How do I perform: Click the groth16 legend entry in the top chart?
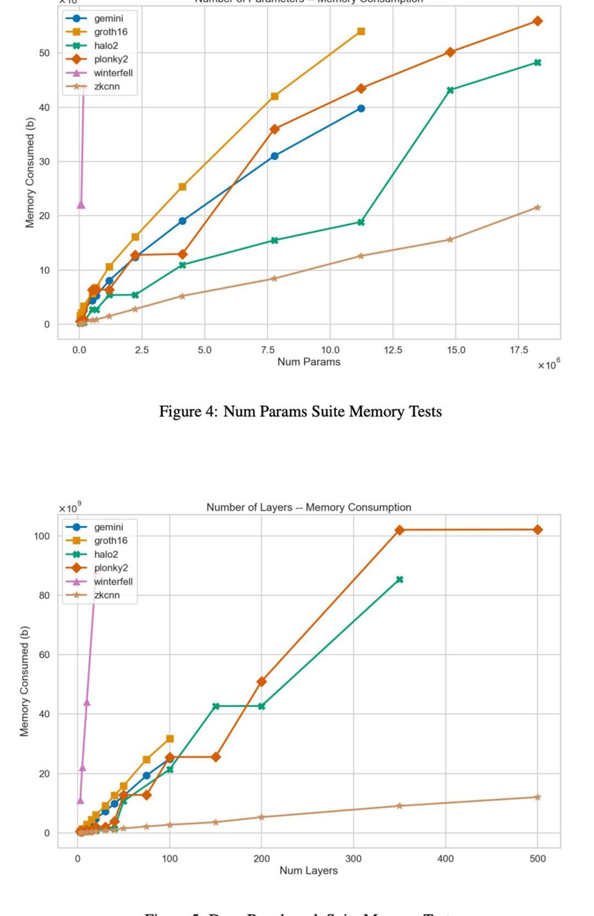tap(110, 32)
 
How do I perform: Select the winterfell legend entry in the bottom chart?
tap(113, 582)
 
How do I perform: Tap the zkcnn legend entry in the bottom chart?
tap(107, 595)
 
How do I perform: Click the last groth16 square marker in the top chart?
tap(361, 31)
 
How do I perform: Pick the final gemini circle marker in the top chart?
tap(361, 108)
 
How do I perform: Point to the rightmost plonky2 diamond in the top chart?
tap(537, 21)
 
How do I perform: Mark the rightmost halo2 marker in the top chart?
tap(537, 63)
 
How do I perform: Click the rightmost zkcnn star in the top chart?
tap(537, 207)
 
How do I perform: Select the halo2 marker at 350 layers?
tap(399, 579)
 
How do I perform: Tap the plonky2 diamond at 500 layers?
tap(537, 529)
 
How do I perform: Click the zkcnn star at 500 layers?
tap(537, 797)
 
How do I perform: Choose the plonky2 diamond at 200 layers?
tap(261, 682)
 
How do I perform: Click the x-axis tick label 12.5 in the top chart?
tap(393, 350)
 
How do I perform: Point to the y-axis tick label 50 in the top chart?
tap(44, 53)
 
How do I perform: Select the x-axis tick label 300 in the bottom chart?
tap(353, 859)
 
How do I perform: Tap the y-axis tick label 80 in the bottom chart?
tap(42, 595)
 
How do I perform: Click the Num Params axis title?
tap(309, 361)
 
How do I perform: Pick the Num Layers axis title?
tap(309, 870)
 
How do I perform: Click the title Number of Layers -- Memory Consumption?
tap(309, 507)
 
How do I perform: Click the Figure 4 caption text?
tap(300, 412)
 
